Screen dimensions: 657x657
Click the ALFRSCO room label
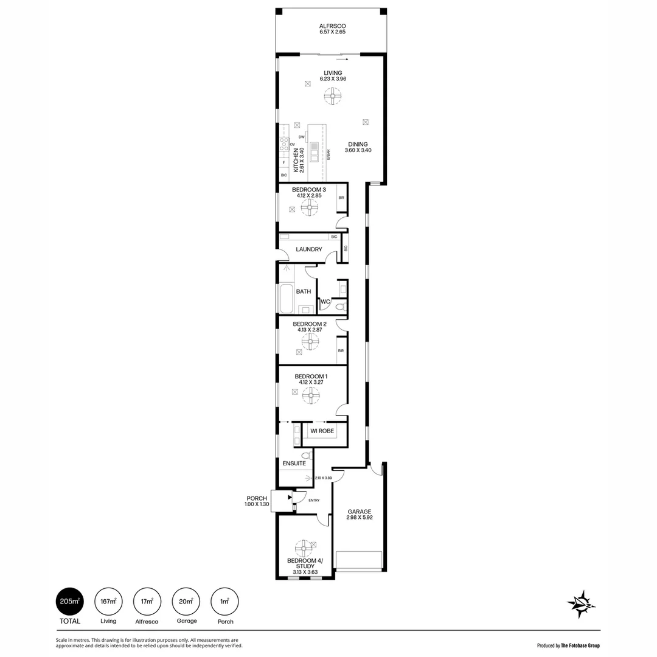coord(333,26)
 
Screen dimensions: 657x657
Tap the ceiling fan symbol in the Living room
coord(333,97)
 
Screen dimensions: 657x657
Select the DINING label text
coord(358,144)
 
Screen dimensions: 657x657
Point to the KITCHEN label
coord(296,161)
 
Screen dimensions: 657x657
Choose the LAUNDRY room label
coord(309,249)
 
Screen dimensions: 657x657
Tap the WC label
coord(325,302)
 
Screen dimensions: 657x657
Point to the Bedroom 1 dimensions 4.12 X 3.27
coord(310,383)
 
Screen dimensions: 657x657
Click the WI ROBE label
coord(322,431)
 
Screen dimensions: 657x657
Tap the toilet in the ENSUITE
coord(305,454)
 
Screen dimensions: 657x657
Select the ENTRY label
coord(314,500)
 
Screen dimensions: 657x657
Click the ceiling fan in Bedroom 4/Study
coord(302,546)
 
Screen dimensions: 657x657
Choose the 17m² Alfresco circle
coord(147,602)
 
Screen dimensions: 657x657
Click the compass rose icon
coord(581,604)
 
